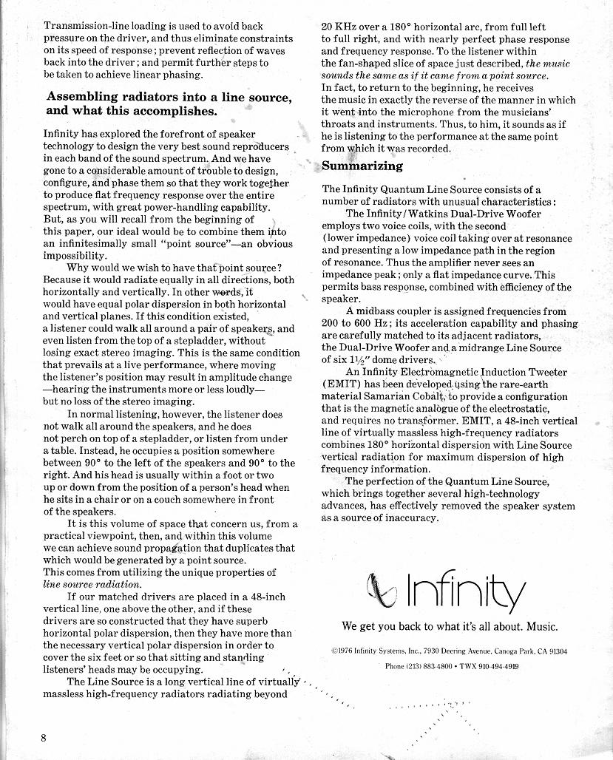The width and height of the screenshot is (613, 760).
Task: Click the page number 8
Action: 44,738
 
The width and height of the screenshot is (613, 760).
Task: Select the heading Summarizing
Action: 362,166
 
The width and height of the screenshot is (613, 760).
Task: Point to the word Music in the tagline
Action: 542,627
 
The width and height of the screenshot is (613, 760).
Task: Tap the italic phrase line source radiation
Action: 92,583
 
